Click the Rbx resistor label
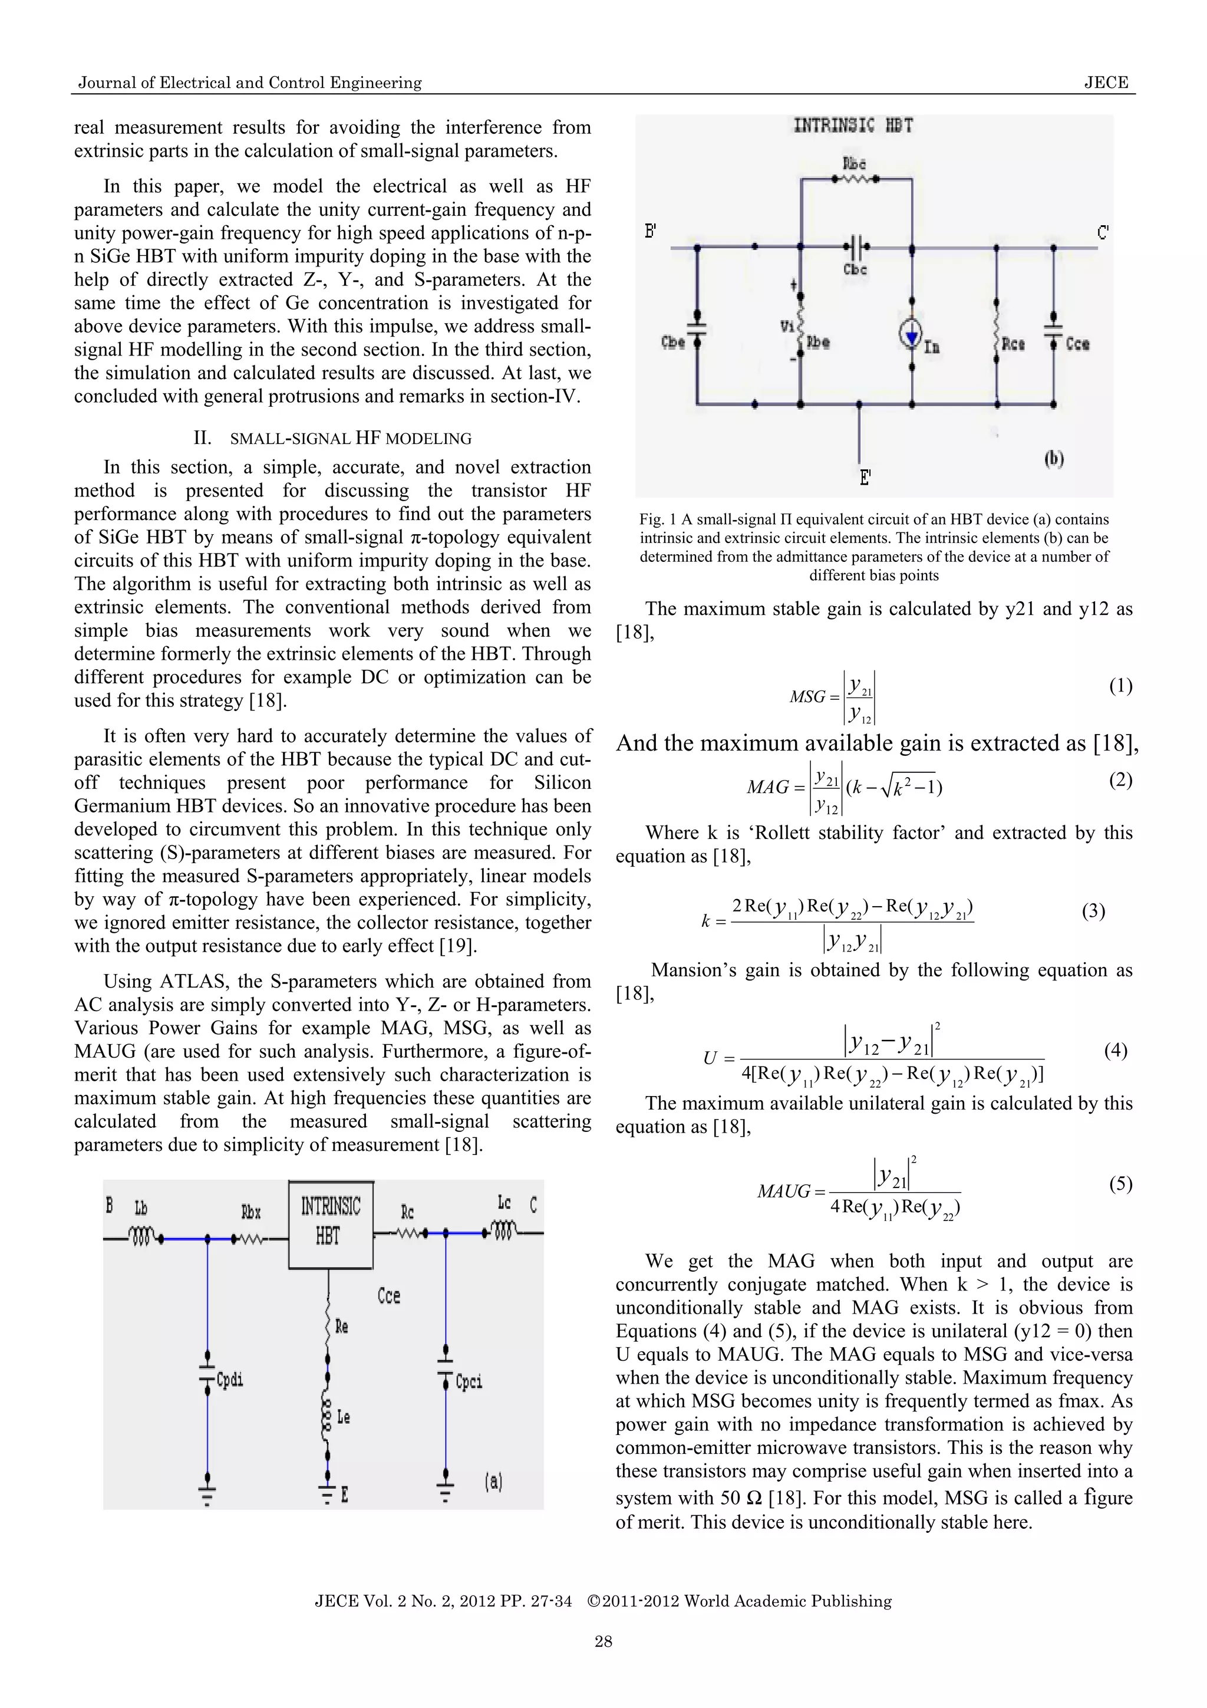[x=252, y=1213]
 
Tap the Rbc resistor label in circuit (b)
[x=854, y=163]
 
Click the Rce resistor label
[x=1013, y=344]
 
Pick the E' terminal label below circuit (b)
[x=865, y=478]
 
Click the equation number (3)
[x=1093, y=911]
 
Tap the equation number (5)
[x=1120, y=1183]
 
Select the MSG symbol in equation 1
[x=807, y=697]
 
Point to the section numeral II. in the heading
[x=203, y=438]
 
